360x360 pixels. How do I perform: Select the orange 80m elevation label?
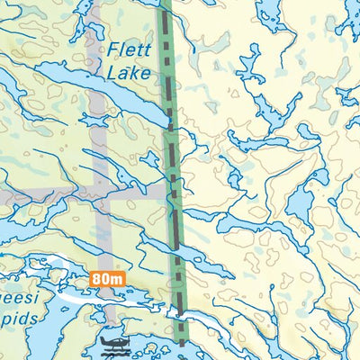[106, 279]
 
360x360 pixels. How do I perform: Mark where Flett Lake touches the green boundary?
[168, 120]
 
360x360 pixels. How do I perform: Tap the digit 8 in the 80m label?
[96, 279]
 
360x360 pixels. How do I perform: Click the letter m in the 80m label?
[116, 279]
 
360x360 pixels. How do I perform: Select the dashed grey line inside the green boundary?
[174, 180]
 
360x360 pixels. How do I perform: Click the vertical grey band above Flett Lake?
[94, 36]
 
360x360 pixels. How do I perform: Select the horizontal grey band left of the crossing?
[45, 193]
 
